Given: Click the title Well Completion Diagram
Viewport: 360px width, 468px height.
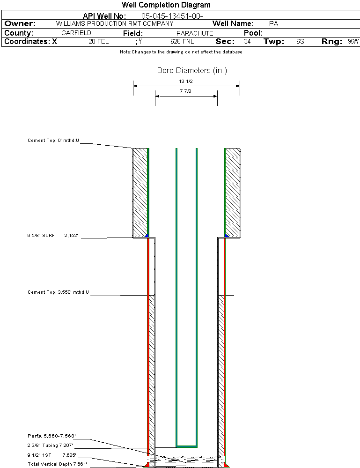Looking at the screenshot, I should pyautogui.click(x=166, y=5).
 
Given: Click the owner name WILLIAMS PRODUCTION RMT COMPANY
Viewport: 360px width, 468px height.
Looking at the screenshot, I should pyautogui.click(x=114, y=23).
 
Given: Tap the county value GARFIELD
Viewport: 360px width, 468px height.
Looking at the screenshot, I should pyautogui.click(x=76, y=33).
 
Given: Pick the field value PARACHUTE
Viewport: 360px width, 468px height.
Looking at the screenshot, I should pyautogui.click(x=195, y=33).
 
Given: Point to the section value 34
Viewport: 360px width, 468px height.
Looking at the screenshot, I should pyautogui.click(x=247, y=41).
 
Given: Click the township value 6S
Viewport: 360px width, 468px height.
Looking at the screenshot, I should pyautogui.click(x=300, y=41).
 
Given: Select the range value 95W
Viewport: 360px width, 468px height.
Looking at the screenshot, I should pyautogui.click(x=353, y=41).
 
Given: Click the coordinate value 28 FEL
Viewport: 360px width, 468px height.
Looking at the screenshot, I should pyautogui.click(x=99, y=41).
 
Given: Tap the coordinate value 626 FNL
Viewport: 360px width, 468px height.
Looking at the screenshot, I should pyautogui.click(x=182, y=41).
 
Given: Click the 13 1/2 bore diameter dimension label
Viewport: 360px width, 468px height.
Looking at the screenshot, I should pyautogui.click(x=186, y=82).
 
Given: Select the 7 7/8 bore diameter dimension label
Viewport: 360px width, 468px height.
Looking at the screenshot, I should pyautogui.click(x=186, y=92).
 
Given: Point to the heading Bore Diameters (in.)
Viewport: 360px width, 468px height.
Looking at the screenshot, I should pyautogui.click(x=192, y=71).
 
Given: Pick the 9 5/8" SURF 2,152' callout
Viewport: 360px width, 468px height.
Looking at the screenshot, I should pyautogui.click(x=53, y=236).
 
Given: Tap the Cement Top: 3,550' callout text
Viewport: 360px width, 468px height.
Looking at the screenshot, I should pyautogui.click(x=58, y=292).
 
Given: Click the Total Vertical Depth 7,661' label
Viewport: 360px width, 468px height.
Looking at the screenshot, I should pyautogui.click(x=58, y=464).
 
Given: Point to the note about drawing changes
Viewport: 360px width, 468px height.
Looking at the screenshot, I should pyautogui.click(x=181, y=52).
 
